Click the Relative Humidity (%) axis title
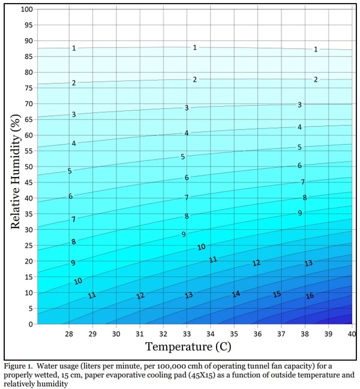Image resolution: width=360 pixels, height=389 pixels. point(16,167)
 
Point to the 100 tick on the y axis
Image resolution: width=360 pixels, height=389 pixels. point(27,10)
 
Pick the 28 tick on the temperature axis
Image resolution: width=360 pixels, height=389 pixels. point(69,333)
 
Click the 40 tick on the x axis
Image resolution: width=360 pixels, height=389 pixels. point(351,333)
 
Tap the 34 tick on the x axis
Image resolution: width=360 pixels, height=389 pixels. point(210,333)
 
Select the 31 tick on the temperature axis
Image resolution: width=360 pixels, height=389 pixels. point(139,333)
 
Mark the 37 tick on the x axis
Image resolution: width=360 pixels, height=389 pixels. point(281,333)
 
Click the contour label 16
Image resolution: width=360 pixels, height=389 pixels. point(310,296)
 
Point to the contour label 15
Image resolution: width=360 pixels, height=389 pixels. point(277,294)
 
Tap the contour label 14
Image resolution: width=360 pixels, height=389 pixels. point(236,294)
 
